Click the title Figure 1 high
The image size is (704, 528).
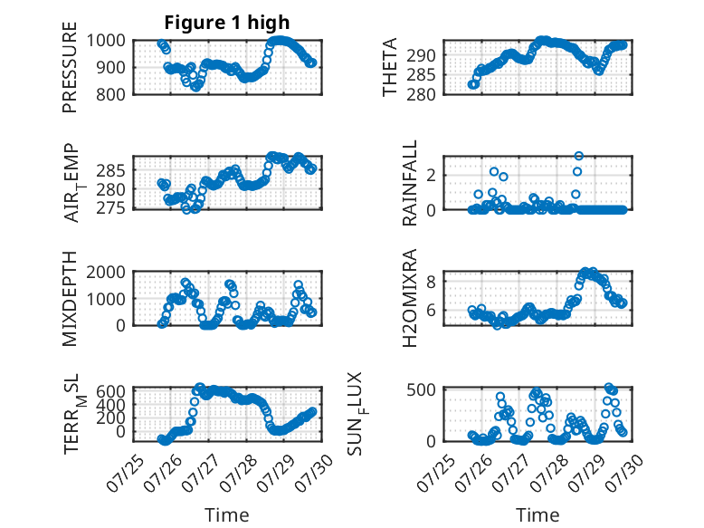tap(227, 23)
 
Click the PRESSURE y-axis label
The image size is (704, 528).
tap(70, 67)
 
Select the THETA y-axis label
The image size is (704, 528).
tap(390, 67)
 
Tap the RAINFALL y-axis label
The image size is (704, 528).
tap(410, 183)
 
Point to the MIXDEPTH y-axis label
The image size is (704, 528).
tap(70, 299)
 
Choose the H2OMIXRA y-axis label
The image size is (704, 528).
tap(410, 298)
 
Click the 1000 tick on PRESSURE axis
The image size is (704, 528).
tap(106, 41)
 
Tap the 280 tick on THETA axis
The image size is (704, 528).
tap(421, 95)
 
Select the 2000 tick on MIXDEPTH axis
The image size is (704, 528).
tap(106, 272)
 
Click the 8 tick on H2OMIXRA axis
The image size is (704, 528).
tap(431, 283)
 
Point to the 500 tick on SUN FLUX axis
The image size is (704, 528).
tap(421, 389)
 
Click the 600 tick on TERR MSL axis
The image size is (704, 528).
tap(110, 391)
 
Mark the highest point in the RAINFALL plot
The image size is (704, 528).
tap(579, 156)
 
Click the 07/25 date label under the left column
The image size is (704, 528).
tap(125, 473)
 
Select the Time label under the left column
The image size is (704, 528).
tap(227, 515)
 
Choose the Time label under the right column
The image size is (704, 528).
tap(538, 515)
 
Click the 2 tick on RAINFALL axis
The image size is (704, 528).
tap(431, 176)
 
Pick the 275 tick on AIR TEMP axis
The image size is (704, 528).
tap(110, 208)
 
